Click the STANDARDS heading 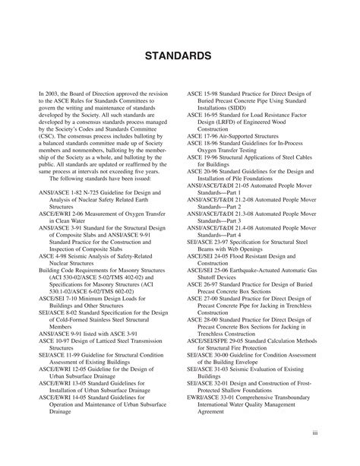179,56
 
